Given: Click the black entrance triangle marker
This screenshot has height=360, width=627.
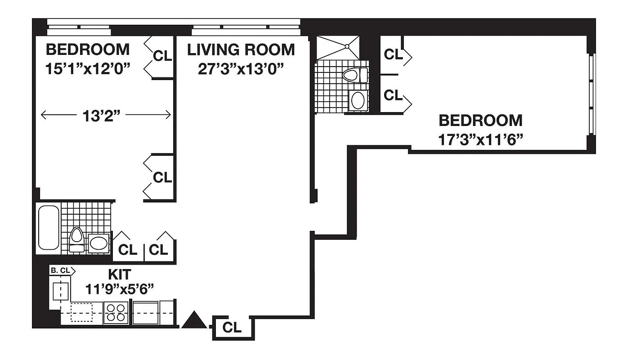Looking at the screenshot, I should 194,320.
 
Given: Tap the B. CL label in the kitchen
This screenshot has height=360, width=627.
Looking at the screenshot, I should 61,270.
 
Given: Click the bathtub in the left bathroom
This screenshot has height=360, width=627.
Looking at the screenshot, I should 49,228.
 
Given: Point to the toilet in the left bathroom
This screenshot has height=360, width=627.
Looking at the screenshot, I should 77,238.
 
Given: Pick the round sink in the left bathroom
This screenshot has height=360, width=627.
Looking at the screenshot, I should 99,243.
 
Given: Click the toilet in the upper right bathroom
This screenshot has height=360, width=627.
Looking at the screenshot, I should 355,75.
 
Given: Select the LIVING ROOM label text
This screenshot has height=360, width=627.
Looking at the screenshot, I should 241,49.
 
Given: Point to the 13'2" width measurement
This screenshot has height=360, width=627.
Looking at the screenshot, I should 103,116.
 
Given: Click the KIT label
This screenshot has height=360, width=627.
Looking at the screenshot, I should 119,274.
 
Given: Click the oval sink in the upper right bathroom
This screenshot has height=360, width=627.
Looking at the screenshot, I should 358,100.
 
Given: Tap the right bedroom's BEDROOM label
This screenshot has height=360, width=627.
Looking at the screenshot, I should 480,121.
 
